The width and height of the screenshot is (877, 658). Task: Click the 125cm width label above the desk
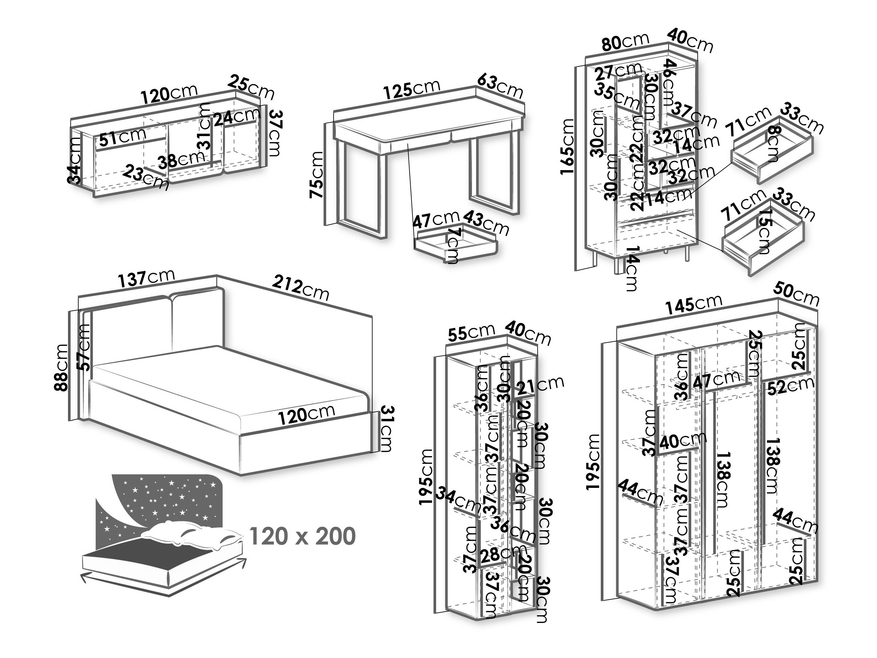tap(412, 89)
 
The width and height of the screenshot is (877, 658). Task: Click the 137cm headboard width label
tap(146, 278)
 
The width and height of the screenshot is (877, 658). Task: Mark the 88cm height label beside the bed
tap(63, 367)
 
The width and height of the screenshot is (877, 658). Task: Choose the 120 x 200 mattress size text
tap(302, 536)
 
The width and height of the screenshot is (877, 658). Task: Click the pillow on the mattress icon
tap(190, 534)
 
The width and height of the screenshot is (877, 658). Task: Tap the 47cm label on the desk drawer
tap(435, 220)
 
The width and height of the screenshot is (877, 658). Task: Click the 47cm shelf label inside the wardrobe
tap(716, 379)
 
